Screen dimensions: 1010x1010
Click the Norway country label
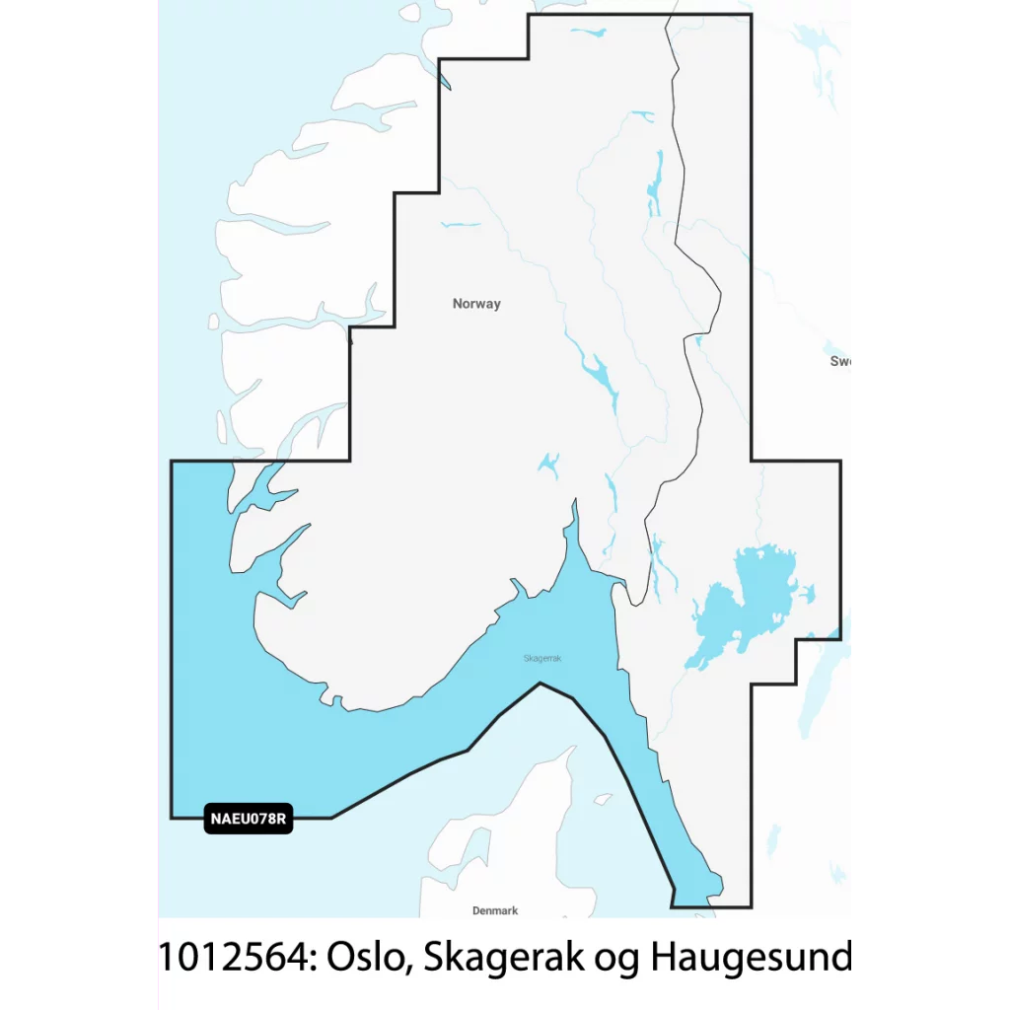(x=476, y=304)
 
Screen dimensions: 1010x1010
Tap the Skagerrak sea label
(x=542, y=659)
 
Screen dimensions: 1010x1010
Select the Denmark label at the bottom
(x=495, y=910)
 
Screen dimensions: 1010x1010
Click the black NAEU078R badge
(x=250, y=818)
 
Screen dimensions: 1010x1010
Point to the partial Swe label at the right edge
(x=840, y=361)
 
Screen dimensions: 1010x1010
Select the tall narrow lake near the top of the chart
(x=655, y=182)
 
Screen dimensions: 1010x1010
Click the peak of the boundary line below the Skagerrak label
(x=540, y=683)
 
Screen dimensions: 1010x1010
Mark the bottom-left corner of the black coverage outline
(x=172, y=818)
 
